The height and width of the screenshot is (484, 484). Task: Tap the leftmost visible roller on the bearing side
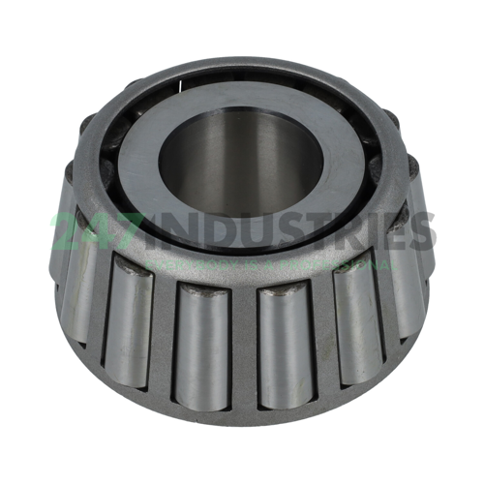(76, 276)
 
